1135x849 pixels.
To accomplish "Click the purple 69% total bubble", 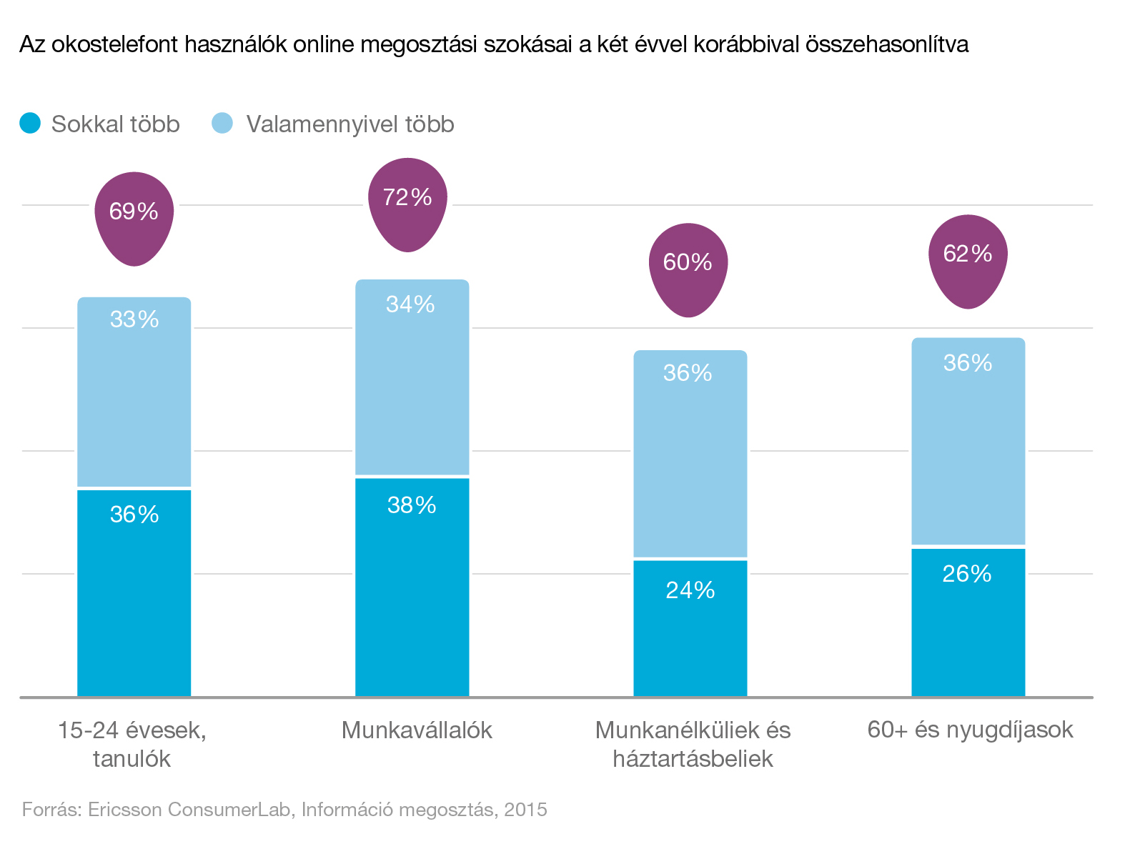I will [134, 216].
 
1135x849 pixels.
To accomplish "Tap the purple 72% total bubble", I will [407, 202].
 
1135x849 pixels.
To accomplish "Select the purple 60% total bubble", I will [688, 267].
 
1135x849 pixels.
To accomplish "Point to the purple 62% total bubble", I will [968, 258].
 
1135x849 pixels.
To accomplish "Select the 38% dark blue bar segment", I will [412, 586].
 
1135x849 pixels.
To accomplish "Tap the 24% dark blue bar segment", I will [690, 627].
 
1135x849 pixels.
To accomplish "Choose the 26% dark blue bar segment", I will [968, 622].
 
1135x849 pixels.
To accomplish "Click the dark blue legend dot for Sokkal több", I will [30, 124].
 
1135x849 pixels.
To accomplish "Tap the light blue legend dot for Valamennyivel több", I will [223, 124].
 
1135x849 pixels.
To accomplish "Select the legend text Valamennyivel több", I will [350, 124].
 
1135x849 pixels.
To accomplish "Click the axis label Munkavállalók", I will [417, 730].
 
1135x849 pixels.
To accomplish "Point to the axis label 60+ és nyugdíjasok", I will [970, 730].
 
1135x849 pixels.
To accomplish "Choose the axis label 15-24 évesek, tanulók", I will [132, 744].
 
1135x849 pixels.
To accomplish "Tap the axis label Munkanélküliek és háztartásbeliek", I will [693, 744].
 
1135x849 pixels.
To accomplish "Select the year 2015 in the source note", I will [525, 810].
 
